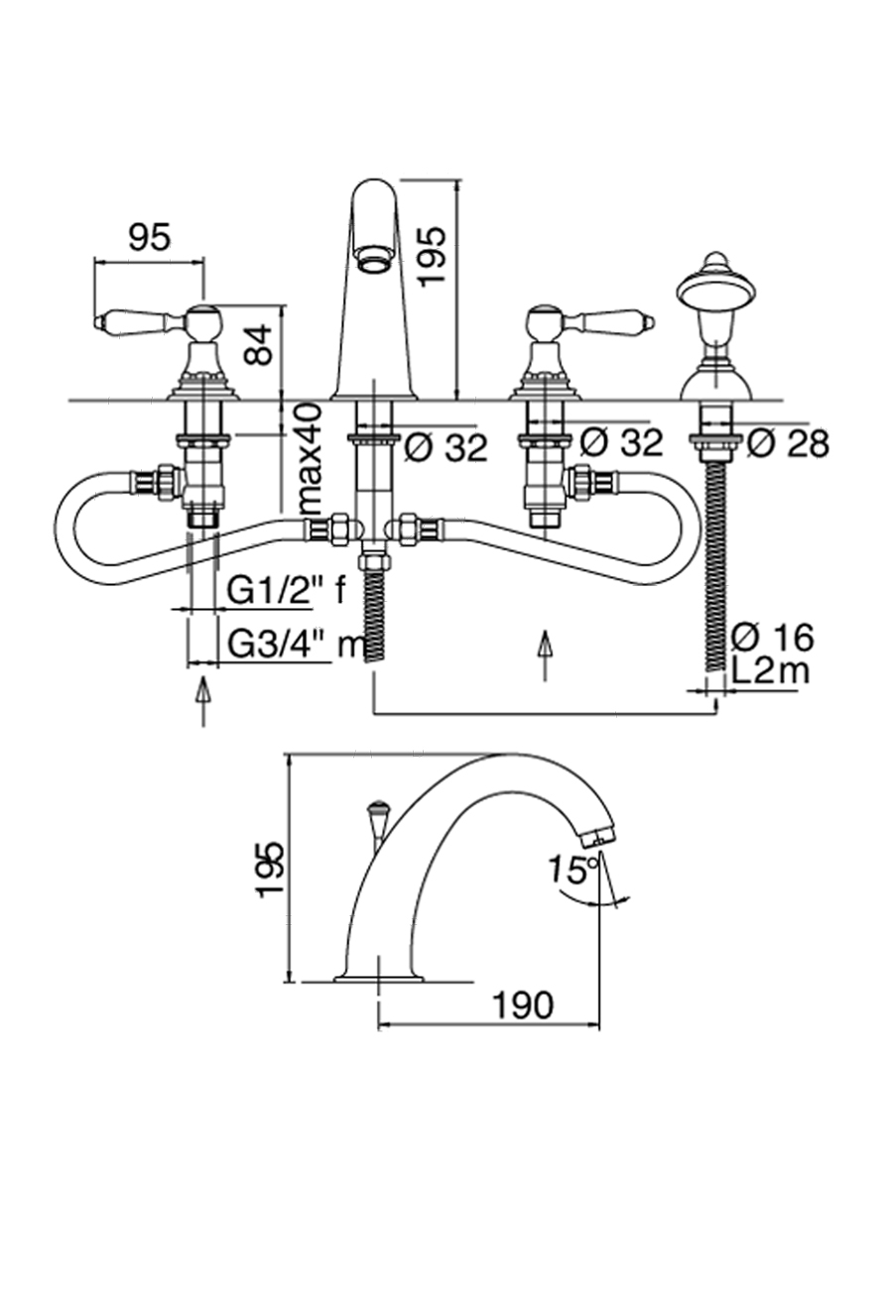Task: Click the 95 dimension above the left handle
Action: [149, 237]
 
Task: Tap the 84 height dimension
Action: [259, 344]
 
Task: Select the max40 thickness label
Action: [310, 457]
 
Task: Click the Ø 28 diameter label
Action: [788, 443]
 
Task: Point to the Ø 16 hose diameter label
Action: [772, 637]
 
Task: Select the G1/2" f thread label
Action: [287, 591]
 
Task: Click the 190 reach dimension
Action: [523, 1006]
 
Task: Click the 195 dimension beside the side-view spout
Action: [271, 870]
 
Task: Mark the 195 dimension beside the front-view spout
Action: [433, 256]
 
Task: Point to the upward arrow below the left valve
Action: [202, 699]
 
